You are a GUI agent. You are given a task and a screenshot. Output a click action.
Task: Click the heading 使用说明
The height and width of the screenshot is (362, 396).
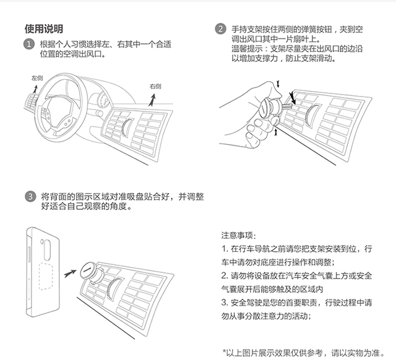click(x=43, y=29)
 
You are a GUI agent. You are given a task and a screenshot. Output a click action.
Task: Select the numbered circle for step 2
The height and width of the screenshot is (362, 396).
click(x=220, y=29)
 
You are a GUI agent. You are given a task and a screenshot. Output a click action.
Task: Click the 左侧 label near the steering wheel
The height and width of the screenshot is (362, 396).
click(x=37, y=79)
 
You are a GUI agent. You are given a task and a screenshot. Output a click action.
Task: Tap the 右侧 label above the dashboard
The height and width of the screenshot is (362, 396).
click(x=155, y=86)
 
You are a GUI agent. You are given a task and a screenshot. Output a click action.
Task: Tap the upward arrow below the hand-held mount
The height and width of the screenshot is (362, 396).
click(x=275, y=127)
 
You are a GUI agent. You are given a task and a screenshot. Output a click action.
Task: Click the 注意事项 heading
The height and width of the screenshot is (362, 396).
click(x=236, y=236)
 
